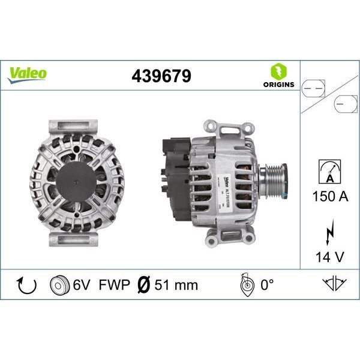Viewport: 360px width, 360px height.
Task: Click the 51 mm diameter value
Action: tap(176, 284)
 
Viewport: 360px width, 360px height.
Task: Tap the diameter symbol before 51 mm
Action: tap(143, 284)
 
